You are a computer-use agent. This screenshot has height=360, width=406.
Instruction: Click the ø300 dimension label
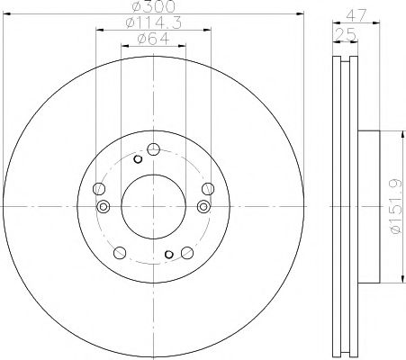153,7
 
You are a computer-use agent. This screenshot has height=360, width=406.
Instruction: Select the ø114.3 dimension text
153,22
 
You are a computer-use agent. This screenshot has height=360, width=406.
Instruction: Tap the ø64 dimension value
153,38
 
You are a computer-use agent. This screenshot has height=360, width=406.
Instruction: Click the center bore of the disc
153,205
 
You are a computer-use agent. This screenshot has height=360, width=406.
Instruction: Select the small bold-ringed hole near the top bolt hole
138,159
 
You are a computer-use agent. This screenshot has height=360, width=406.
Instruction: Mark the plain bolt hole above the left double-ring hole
98,189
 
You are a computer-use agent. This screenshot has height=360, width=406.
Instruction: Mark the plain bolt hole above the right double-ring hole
208,188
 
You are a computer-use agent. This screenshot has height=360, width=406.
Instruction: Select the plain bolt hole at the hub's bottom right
185,252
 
